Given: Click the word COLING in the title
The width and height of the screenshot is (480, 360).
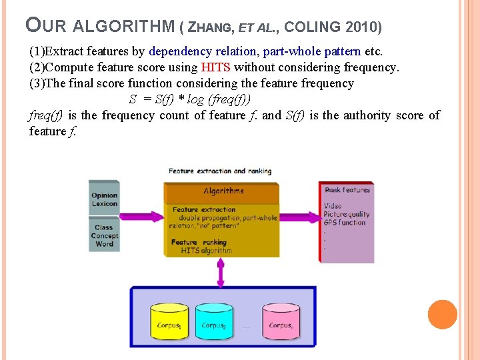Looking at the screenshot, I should (x=316, y=27).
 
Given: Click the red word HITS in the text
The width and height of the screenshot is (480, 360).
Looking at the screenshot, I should (x=215, y=67).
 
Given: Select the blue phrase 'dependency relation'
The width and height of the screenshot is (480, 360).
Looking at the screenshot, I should (x=203, y=51).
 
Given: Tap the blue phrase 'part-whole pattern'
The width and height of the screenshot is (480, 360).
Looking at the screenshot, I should (x=312, y=51).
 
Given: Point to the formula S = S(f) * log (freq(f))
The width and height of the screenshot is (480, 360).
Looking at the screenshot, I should (x=190, y=99).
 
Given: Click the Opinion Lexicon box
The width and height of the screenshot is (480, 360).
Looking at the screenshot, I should (x=105, y=199).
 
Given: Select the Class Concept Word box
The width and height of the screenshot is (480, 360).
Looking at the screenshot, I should (x=105, y=236).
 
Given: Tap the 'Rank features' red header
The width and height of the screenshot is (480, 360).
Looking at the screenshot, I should (x=347, y=190).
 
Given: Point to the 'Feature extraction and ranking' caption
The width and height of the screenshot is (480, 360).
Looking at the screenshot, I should (x=220, y=171).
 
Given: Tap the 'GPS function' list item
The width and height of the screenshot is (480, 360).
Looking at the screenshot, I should (x=345, y=223).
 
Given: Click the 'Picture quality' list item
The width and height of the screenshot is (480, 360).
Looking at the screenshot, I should (x=347, y=215).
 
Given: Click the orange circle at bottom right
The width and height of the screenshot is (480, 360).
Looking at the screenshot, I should (x=442, y=315).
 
